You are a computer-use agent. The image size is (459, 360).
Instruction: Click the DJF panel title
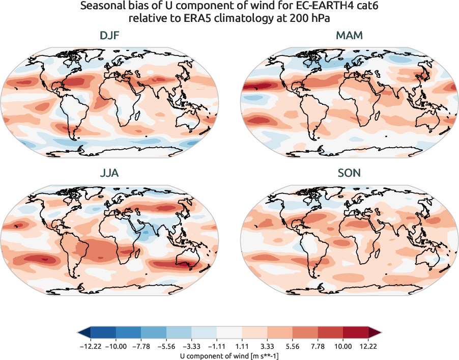pyautogui.click(x=110, y=36)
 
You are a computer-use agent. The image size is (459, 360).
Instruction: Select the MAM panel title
pyautogui.click(x=349, y=36)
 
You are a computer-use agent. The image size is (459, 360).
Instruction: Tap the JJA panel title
pyautogui.click(x=110, y=173)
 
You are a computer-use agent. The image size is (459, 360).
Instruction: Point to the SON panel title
pyautogui.click(x=349, y=173)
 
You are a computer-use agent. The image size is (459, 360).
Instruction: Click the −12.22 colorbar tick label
pyautogui.click(x=90, y=346)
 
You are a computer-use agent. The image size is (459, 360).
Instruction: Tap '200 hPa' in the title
pyautogui.click(x=311, y=19)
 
